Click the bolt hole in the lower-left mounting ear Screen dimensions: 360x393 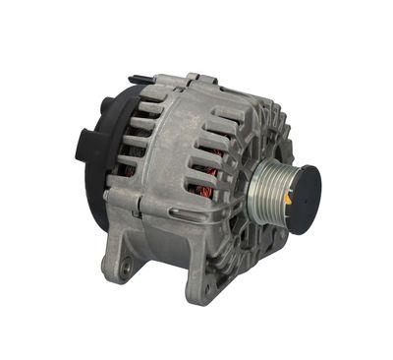(x=125, y=263)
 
